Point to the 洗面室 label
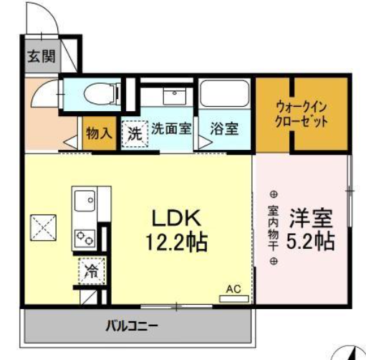[170, 130]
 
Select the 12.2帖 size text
[179, 242]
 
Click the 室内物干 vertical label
[273, 228]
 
